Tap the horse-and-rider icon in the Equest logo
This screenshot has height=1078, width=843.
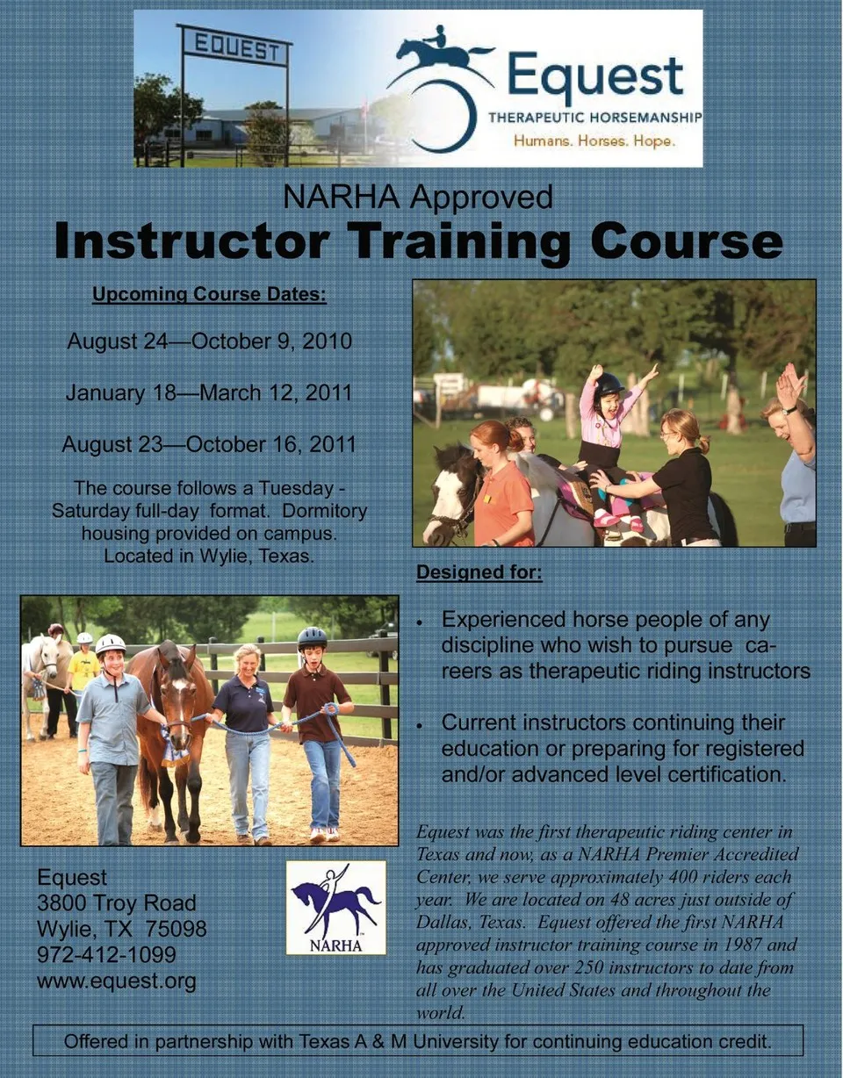(442, 55)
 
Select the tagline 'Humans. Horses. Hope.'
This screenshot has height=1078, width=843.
(594, 141)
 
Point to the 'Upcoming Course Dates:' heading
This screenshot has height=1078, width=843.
(209, 294)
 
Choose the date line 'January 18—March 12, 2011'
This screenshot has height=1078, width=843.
(209, 393)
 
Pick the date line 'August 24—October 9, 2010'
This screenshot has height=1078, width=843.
(209, 341)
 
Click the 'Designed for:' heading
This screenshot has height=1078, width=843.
(479, 572)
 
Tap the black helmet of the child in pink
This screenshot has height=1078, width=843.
(609, 384)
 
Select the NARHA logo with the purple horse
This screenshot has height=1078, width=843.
(336, 908)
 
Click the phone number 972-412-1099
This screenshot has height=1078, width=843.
(106, 954)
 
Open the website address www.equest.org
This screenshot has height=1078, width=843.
(117, 981)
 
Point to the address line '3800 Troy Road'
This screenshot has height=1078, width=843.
(117, 903)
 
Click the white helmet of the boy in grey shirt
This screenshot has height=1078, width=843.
(110, 643)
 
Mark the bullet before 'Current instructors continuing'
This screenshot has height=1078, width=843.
(420, 726)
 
